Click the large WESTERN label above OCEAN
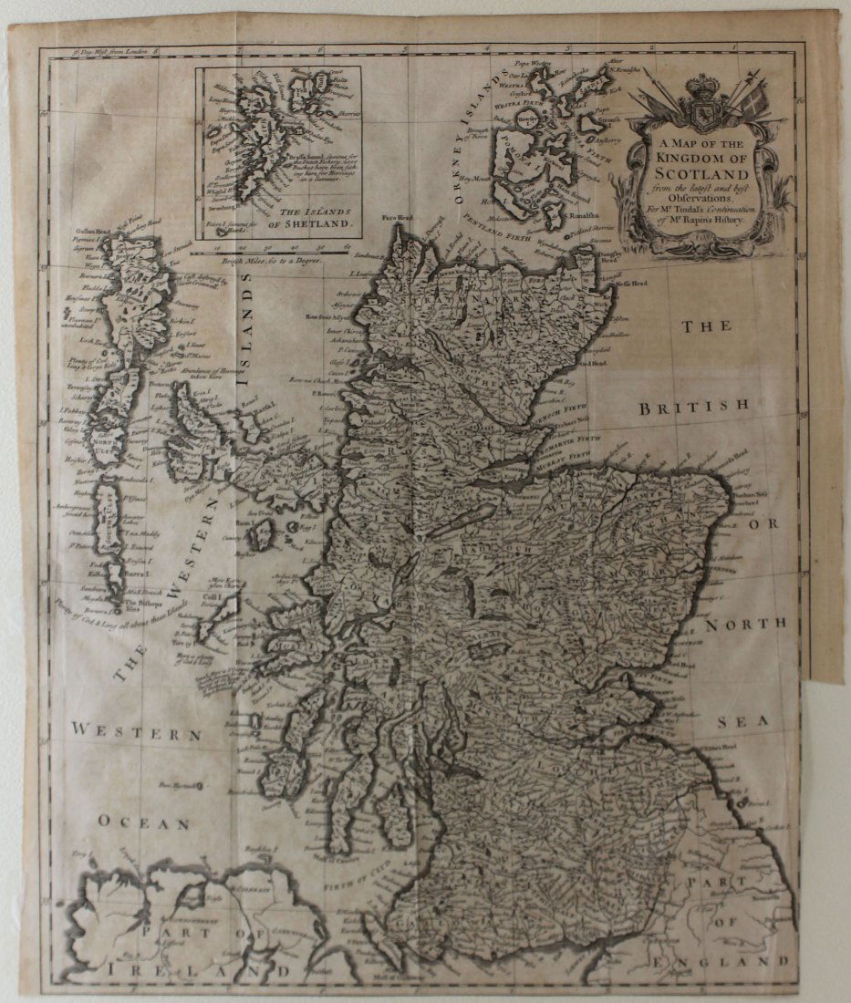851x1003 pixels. coord(137,731)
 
